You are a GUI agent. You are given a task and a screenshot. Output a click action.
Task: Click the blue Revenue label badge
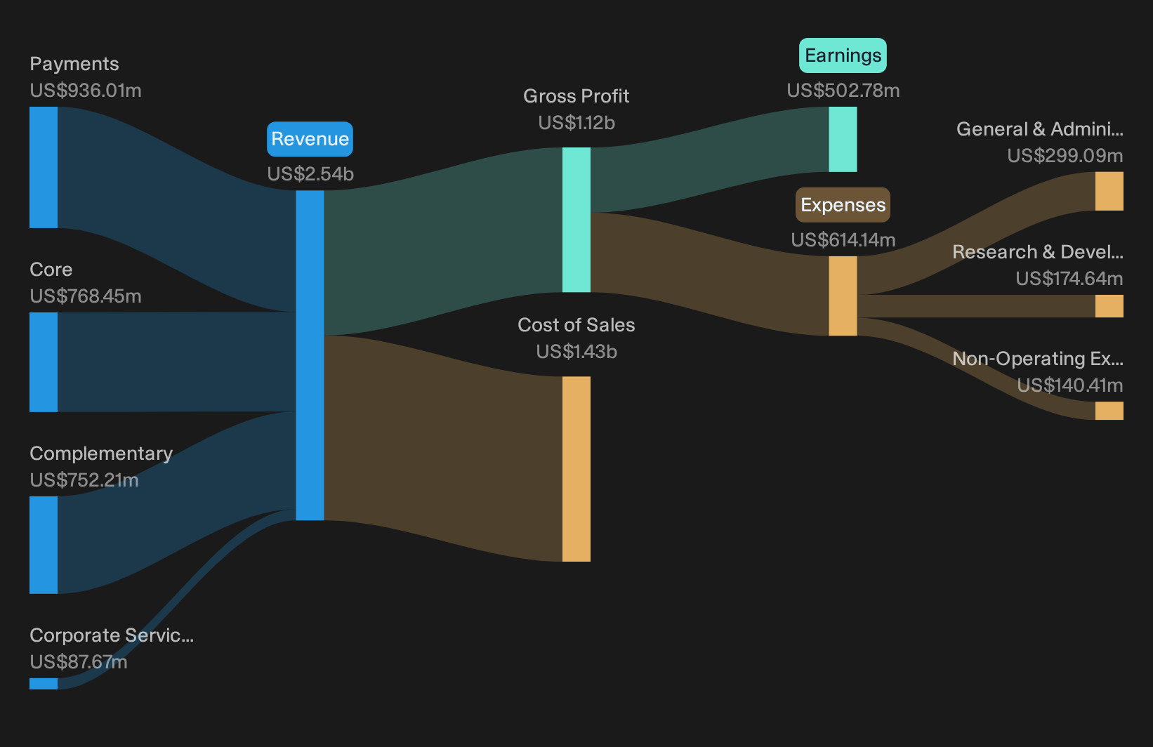pyautogui.click(x=310, y=139)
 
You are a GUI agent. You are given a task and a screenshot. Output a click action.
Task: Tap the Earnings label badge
pyautogui.click(x=843, y=55)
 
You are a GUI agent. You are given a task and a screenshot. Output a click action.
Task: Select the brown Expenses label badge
pyautogui.click(x=843, y=205)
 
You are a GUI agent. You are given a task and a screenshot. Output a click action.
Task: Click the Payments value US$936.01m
pyautogui.click(x=86, y=91)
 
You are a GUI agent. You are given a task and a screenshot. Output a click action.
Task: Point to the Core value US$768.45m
pyautogui.click(x=86, y=296)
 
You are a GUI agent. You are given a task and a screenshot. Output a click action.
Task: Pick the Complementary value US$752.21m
pyautogui.click(x=84, y=480)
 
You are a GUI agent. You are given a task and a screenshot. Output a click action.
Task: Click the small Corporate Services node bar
pyautogui.click(x=44, y=684)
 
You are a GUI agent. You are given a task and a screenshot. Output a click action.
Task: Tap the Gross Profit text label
pyautogui.click(x=576, y=96)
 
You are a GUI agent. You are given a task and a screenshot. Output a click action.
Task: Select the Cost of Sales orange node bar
pyautogui.click(x=576, y=469)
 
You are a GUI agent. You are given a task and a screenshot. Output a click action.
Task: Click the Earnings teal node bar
pyautogui.click(x=843, y=140)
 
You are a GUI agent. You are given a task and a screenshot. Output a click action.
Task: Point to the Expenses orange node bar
pyautogui.click(x=843, y=296)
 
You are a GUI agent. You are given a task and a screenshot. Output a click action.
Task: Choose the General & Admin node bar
pyautogui.click(x=1109, y=191)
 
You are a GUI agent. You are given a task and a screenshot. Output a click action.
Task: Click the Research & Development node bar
pyautogui.click(x=1109, y=306)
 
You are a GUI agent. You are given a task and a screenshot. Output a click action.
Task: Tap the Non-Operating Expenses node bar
pyautogui.click(x=1109, y=411)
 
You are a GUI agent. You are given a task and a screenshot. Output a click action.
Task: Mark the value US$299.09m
pyautogui.click(x=1065, y=155)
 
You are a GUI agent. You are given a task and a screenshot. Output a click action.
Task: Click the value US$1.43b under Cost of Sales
pyautogui.click(x=576, y=352)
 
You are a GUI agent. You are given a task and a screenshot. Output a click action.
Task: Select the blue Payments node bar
pyautogui.click(x=44, y=167)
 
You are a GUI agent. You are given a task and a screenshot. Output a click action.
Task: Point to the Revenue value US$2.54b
pyautogui.click(x=310, y=174)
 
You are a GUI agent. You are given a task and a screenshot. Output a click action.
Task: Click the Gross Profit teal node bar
pyautogui.click(x=576, y=220)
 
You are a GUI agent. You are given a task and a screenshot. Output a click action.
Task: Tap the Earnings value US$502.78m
pyautogui.click(x=843, y=91)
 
